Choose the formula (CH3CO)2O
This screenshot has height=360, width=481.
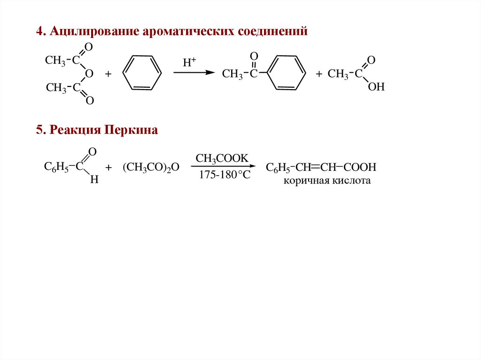click(151, 168)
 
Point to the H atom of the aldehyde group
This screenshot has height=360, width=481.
click(93, 180)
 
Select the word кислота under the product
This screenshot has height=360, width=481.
click(352, 181)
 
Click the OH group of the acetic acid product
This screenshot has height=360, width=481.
click(376, 87)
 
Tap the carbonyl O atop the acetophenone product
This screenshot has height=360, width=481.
click(254, 57)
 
